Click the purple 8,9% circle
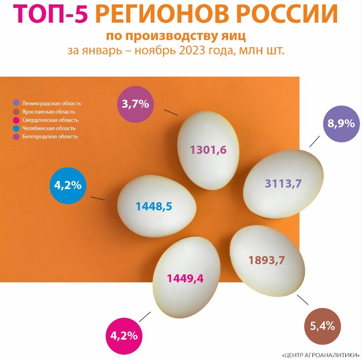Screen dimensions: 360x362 341,123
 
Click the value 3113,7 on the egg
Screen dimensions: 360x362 283,184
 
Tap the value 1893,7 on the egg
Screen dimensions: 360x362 267,260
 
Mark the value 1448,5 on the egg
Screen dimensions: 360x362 154,206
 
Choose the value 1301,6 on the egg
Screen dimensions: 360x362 208,150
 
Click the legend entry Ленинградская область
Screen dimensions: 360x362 51,103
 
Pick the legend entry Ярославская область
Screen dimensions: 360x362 49,112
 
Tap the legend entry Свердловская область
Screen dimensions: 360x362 50,120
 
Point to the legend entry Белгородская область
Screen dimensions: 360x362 50,137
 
